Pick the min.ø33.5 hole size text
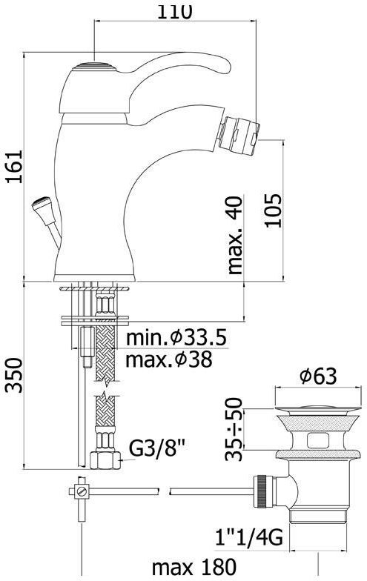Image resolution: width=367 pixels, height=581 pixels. coord(176,339)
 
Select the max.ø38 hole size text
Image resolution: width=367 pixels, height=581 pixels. coord(169,361)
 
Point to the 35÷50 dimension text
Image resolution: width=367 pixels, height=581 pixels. coord(235,428)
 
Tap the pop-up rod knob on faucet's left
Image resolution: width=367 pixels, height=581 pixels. coord(41,205)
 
